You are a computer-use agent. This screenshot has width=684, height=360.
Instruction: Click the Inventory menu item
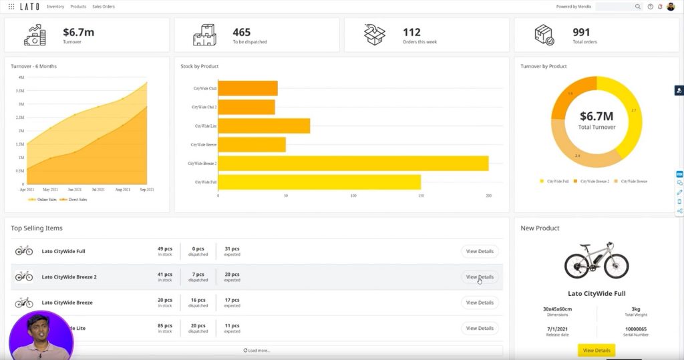[55, 7]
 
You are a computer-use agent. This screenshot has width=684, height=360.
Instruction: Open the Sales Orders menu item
[104, 7]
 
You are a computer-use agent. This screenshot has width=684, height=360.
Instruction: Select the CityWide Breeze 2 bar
[353, 164]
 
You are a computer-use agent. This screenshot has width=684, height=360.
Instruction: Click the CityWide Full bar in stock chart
[319, 182]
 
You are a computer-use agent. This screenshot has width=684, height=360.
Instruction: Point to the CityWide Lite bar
[264, 126]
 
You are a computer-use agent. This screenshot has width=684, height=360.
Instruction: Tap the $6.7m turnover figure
[78, 31]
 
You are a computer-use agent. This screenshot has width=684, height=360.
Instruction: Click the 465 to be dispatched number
[242, 31]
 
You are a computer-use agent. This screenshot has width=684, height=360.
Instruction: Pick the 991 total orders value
[582, 31]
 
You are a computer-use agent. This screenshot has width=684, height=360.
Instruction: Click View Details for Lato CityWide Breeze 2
[480, 277]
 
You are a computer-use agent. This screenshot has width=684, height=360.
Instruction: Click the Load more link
[257, 350]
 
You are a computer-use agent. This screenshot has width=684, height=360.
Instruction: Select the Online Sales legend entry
[45, 200]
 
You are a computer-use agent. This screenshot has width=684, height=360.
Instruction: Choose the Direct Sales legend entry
[76, 200]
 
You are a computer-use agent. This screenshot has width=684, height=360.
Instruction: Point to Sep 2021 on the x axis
[147, 190]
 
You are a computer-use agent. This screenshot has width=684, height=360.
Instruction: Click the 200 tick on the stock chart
[488, 196]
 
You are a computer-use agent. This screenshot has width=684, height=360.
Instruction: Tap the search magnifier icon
[638, 7]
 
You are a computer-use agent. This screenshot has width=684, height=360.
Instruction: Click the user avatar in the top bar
[671, 7]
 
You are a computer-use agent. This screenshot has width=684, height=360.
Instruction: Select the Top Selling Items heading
[37, 228]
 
